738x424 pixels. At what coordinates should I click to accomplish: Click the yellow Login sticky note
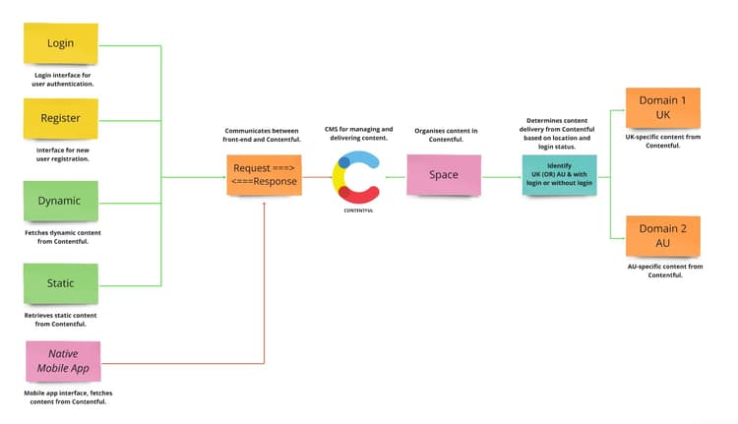61,44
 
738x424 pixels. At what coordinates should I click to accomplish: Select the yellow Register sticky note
61,120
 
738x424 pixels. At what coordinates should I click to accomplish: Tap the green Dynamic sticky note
61,201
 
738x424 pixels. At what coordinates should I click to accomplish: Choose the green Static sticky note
61,283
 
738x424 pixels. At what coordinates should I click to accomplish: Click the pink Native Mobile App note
63,361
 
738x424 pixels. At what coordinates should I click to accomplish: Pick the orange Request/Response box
264,174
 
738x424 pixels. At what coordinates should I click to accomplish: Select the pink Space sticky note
444,175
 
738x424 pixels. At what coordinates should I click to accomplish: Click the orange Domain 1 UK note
662,107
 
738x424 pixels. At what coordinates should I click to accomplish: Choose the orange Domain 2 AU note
662,236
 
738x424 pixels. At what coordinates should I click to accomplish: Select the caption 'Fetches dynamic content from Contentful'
61,237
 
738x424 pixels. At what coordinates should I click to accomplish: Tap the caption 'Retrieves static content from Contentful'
61,319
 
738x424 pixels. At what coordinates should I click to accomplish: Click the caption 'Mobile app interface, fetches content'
63,397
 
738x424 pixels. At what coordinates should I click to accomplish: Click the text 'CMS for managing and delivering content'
358,133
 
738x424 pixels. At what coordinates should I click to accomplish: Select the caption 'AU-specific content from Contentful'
664,271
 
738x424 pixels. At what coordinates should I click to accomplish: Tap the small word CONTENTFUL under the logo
358,212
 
